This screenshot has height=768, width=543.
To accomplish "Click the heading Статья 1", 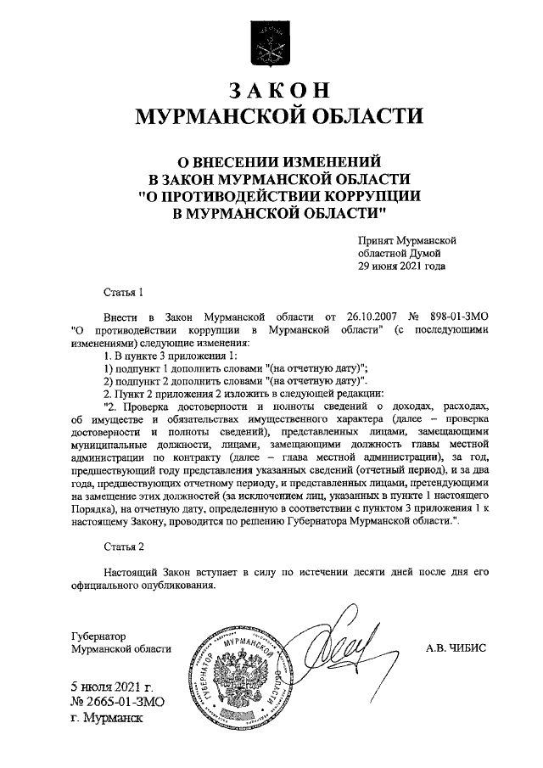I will pyautogui.click(x=122, y=293).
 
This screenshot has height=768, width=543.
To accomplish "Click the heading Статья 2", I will pyautogui.click(x=122, y=547).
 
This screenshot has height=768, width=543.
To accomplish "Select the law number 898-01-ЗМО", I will pyautogui.click(x=457, y=316).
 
